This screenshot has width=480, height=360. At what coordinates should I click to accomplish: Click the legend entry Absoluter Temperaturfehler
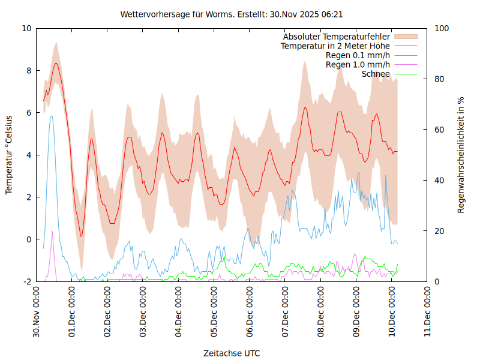(337, 37)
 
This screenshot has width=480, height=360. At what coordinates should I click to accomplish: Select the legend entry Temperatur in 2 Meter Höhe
(335, 46)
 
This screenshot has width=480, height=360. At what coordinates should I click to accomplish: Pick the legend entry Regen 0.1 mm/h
(358, 55)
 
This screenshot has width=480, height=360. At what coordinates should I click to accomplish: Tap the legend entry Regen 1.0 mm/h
(358, 65)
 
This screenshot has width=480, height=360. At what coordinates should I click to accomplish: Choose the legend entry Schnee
(376, 74)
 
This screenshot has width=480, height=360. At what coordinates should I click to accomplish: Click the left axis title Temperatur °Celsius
(9, 155)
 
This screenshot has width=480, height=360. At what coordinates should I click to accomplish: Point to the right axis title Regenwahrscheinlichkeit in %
(461, 155)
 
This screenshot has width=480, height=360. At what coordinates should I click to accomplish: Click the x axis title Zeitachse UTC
(232, 353)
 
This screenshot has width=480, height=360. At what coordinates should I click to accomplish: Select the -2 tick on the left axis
(26, 281)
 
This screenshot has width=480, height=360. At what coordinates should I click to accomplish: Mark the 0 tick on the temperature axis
(28, 239)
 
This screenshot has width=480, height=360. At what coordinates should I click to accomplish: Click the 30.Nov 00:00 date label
(37, 312)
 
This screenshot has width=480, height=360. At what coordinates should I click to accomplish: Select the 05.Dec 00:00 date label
(214, 312)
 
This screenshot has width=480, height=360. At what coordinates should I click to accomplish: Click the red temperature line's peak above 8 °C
(56, 63)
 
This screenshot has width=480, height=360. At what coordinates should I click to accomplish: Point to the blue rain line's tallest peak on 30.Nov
(52, 116)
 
